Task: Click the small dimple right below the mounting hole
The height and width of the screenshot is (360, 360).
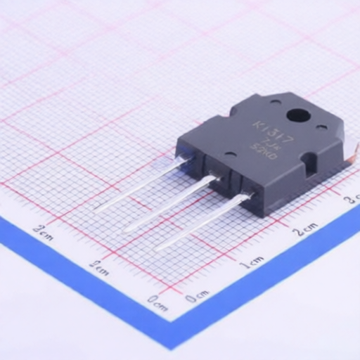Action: click(321, 127)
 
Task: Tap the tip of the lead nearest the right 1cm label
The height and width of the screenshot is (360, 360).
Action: click(156, 248)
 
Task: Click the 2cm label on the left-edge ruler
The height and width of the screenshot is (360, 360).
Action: click(43, 229)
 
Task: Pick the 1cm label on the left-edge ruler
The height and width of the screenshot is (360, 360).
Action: click(99, 266)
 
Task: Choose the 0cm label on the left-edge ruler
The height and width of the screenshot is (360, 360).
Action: click(157, 305)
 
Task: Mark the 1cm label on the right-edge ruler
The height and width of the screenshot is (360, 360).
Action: click(251, 264)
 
